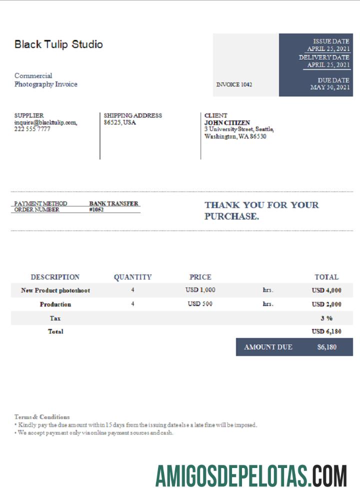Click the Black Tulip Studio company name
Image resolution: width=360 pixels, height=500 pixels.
[x=58, y=44]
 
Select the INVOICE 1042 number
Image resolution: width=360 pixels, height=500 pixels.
[x=234, y=84]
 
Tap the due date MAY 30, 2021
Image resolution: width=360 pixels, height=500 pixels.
[x=330, y=87]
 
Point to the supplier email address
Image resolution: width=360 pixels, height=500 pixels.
[x=45, y=122]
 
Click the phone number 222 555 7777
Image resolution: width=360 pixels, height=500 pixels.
[x=32, y=129]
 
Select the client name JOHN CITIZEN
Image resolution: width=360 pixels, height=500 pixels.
[x=227, y=122]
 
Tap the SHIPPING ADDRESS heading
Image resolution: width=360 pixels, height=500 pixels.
[x=132, y=115]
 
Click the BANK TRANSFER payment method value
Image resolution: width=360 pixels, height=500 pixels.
[x=113, y=203]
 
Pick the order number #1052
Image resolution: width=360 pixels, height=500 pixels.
[x=96, y=210]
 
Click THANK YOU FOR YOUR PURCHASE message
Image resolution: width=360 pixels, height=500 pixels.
[x=261, y=210]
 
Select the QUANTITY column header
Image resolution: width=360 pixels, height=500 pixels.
[x=132, y=277]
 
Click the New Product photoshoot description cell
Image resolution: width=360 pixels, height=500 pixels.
[x=55, y=290]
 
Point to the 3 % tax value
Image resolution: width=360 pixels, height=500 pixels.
[x=326, y=318]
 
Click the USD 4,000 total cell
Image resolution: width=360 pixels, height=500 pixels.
[x=326, y=290]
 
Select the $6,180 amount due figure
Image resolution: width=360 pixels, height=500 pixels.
[x=326, y=347]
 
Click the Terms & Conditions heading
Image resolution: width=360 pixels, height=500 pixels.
[x=42, y=416]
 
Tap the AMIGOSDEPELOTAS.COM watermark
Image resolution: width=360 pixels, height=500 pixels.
[x=251, y=476]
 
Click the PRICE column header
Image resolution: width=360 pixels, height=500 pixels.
[x=200, y=277]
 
